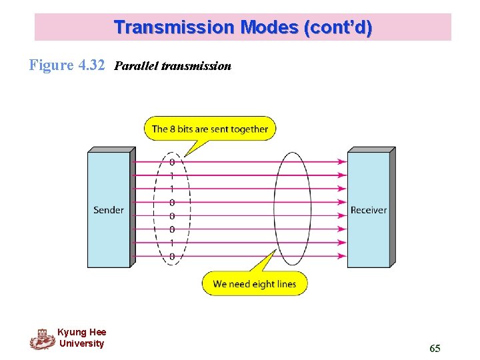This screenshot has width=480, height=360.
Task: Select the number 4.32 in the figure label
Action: [91, 65]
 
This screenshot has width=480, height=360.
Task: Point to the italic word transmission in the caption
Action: [197, 66]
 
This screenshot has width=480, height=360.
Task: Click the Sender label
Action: [109, 210]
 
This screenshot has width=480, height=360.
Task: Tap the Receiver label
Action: [368, 210]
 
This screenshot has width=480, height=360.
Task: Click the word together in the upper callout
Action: [247, 129]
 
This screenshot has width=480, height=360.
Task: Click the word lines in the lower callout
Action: [285, 284]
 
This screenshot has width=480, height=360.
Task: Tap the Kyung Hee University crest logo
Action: [42, 339]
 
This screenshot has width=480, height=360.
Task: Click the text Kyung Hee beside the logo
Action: [81, 332]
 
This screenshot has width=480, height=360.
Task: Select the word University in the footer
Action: [81, 343]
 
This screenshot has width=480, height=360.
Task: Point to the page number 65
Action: [435, 349]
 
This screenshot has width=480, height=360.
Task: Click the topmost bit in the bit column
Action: [172, 161]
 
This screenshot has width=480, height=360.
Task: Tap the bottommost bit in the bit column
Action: [172, 256]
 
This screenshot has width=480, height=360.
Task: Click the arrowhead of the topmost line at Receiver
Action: [342, 161]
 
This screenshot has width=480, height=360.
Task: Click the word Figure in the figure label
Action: [51, 65]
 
